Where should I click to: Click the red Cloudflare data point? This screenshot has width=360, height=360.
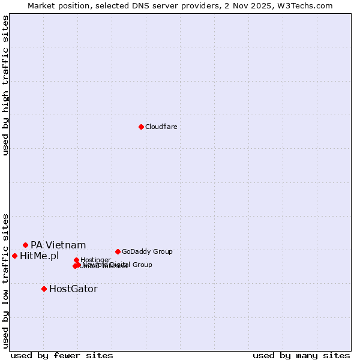pos(141,127)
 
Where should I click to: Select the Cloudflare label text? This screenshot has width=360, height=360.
pos(161,127)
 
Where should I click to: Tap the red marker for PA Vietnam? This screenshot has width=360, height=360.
pos(25,245)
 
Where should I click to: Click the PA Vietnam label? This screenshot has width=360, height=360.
pos(58,245)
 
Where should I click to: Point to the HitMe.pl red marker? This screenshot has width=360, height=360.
pos(14,256)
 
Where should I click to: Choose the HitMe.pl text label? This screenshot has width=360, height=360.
pos(40,256)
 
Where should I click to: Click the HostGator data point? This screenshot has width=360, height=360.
pos(44,289)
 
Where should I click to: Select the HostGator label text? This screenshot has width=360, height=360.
pos(73,289)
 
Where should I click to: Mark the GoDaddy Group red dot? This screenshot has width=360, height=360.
pos(118,251)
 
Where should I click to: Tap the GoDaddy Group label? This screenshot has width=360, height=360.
pos(147,251)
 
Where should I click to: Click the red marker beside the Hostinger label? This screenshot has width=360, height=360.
pos(76,260)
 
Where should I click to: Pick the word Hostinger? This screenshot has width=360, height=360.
pos(95,260)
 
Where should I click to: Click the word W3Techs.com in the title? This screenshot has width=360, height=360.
pos(308,5)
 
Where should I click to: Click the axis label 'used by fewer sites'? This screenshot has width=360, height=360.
pos(62,355)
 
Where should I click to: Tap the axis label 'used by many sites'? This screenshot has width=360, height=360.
pos(301,355)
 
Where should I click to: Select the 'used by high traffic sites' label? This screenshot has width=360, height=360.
pos(5,85)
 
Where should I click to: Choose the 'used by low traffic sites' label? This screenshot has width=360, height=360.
pos(5,281)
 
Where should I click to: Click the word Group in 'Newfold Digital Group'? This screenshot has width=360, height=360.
pos(142,265)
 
